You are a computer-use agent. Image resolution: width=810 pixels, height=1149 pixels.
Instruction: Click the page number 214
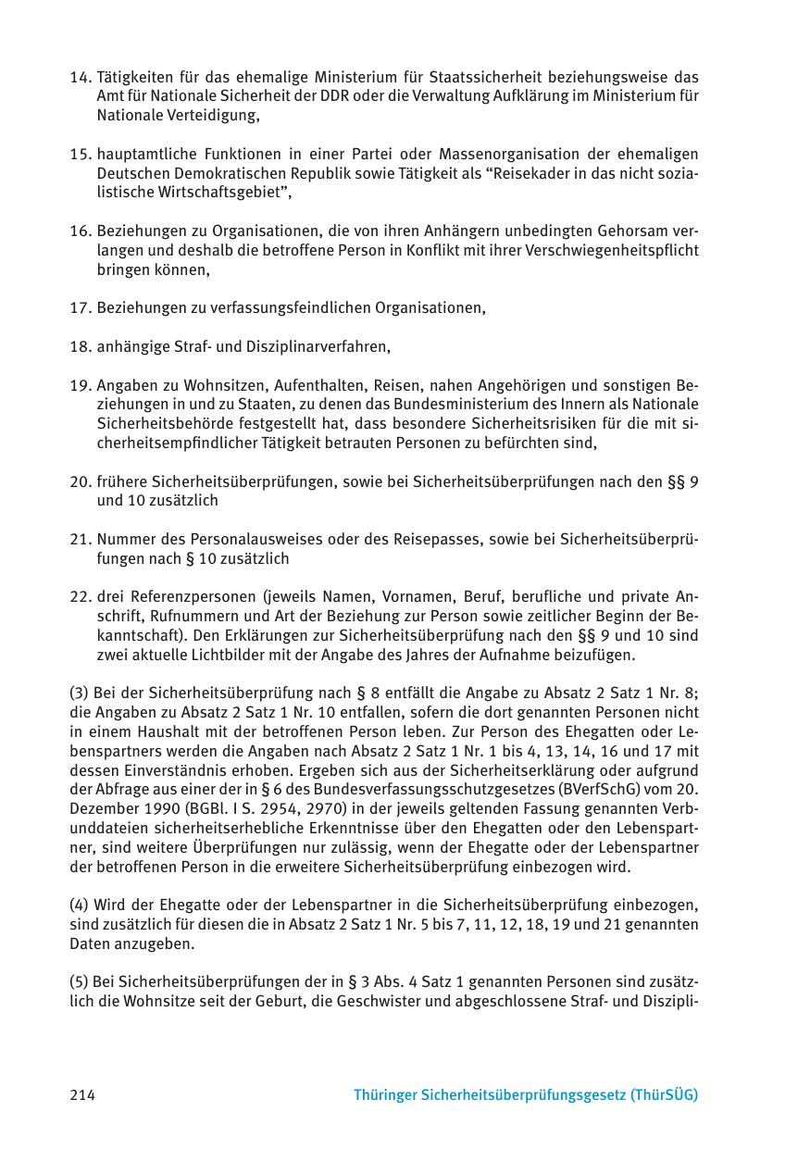coord(82,1094)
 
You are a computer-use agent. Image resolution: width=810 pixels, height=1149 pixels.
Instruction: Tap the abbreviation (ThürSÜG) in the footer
coord(664,1094)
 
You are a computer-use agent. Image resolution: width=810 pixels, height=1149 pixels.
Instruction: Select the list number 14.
coord(81,77)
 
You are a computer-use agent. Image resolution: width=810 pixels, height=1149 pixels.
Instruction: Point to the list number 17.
coord(81,307)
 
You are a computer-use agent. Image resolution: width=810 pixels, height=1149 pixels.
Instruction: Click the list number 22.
coord(81,597)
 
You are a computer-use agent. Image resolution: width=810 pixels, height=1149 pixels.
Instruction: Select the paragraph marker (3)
coord(79,693)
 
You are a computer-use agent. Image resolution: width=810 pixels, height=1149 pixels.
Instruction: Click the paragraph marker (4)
coord(79,905)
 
